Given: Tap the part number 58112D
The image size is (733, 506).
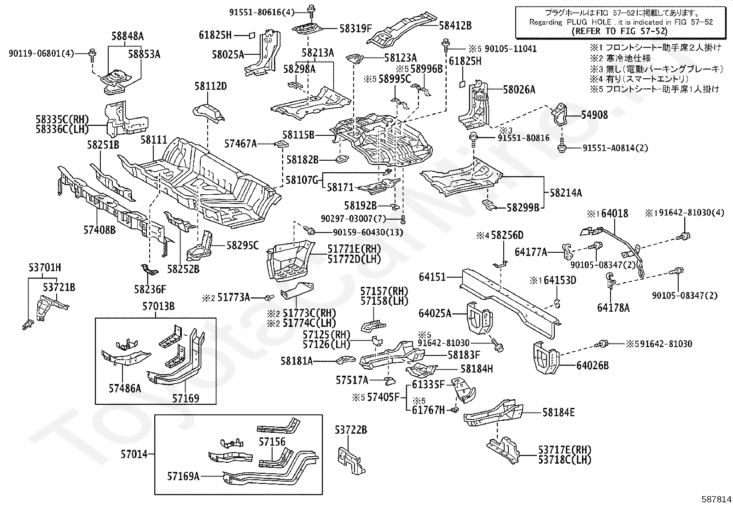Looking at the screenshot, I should click(x=210, y=86).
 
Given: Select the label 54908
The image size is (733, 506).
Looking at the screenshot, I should click(x=594, y=115).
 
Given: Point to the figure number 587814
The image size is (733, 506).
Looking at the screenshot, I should click(x=716, y=499).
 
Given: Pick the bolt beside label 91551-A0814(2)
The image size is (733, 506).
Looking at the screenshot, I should click(x=562, y=148).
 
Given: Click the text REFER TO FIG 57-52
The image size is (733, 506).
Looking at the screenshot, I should click(x=619, y=31).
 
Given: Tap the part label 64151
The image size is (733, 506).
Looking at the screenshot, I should click(x=432, y=277).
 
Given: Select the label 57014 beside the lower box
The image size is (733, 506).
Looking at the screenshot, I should click(x=134, y=454).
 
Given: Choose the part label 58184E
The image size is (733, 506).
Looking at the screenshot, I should click(x=558, y=413).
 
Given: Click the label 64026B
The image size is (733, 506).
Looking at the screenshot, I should click(x=593, y=366).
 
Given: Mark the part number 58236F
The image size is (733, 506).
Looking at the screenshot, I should click(x=150, y=289).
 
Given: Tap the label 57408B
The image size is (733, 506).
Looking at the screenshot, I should click(x=99, y=230).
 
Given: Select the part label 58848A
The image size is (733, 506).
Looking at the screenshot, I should click(x=128, y=36).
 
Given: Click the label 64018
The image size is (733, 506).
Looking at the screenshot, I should click(x=615, y=214).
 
